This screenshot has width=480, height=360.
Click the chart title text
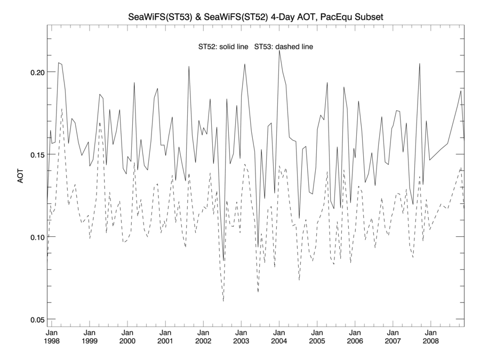pos(255,18)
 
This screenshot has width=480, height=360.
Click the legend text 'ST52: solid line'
pos(223,47)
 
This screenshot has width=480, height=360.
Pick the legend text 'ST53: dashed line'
pos(283,47)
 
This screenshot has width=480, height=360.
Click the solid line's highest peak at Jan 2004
pos(279,51)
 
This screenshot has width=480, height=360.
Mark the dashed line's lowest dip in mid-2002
pos(223,301)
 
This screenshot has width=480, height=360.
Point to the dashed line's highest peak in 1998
pos(62,109)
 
